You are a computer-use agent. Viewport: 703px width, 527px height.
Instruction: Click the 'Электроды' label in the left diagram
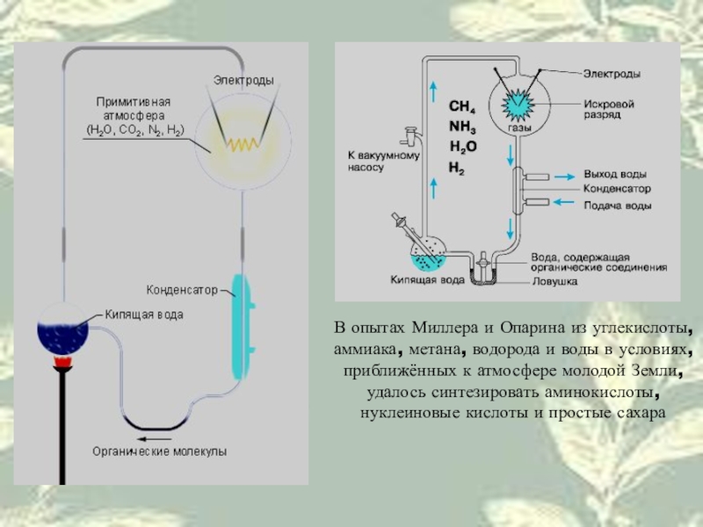[x=243, y=80]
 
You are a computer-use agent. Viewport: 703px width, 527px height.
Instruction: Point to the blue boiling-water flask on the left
[x=61, y=333]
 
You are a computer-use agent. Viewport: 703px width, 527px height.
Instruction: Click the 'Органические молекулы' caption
[x=160, y=451]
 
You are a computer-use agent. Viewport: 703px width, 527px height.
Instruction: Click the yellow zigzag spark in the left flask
[x=238, y=143]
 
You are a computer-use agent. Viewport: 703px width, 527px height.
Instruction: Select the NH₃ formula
[x=461, y=127]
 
